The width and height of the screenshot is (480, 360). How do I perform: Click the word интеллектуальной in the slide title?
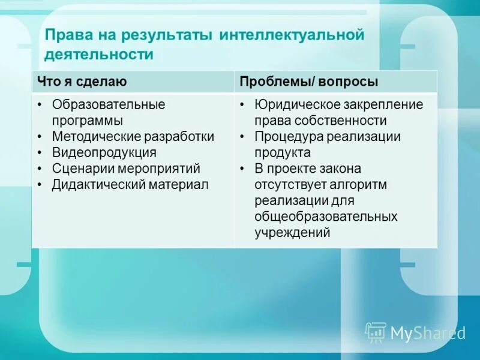pyautogui.click(x=292, y=35)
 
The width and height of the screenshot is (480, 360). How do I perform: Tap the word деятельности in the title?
pyautogui.click(x=100, y=55)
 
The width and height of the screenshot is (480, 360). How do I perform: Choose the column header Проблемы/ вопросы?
pyautogui.click(x=308, y=81)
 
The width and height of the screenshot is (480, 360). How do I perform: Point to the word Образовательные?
pyautogui.click(x=108, y=104)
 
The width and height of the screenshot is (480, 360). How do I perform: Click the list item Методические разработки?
pyautogui.click(x=133, y=136)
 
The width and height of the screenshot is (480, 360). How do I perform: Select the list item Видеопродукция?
pyautogui.click(x=104, y=152)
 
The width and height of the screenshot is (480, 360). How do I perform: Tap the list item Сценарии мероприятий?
pyautogui.click(x=126, y=169)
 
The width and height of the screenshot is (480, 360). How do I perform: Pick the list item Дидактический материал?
pyautogui.click(x=130, y=185)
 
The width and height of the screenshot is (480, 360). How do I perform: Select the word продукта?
pyautogui.click(x=281, y=152)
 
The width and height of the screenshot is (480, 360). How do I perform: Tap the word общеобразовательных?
pyautogui.click(x=326, y=217)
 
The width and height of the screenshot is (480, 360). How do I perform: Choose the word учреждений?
pyautogui.click(x=292, y=233)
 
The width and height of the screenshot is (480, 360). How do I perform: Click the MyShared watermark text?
pyautogui.click(x=428, y=333)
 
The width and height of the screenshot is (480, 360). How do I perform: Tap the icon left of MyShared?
pyautogui.click(x=376, y=332)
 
